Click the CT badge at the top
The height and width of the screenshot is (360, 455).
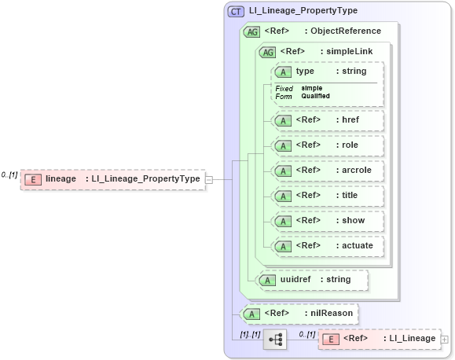tap(236, 11)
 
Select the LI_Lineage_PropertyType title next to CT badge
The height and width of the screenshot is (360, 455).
tap(303, 11)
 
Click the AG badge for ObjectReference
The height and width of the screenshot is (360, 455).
tap(252, 31)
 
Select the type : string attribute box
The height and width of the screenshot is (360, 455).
tap(327, 72)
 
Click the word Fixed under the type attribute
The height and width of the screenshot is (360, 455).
tap(284, 89)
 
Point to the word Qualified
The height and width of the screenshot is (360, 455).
tap(316, 96)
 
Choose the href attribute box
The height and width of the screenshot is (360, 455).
tap(327, 120)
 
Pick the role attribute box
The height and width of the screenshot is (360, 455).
tap(327, 145)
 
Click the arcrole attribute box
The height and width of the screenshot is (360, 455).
tap(327, 170)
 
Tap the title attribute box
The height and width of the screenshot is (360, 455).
tap(327, 195)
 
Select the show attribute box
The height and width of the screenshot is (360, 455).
tap(327, 220)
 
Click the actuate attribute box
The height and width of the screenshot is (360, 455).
tap(327, 245)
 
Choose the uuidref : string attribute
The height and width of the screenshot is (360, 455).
tap(313, 279)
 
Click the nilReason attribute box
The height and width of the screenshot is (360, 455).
tap(299, 314)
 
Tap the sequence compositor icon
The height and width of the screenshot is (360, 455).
tap(276, 340)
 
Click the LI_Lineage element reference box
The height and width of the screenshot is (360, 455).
tap(379, 339)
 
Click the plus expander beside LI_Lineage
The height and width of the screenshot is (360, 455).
tap(445, 340)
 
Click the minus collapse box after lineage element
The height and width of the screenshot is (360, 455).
tap(209, 179)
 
